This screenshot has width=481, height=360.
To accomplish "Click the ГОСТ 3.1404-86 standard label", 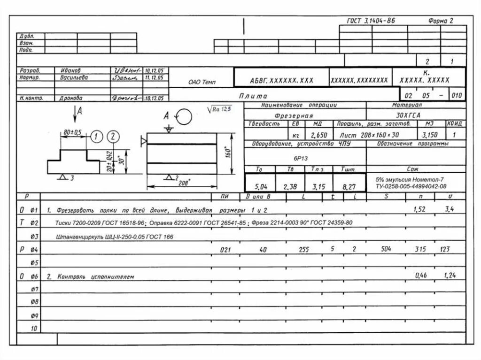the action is coord(371,21).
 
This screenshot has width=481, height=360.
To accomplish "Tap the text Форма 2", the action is coord(441,21).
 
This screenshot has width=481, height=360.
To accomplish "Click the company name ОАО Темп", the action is coord(202,83).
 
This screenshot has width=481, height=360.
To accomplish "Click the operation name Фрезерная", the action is coord(294,115).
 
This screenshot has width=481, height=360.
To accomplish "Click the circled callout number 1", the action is coord(96,137).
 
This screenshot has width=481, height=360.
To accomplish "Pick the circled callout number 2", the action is coord(113,137).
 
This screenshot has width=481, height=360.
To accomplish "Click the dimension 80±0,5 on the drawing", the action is coord(72,133).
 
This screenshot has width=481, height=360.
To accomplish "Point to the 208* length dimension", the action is coord(183,184).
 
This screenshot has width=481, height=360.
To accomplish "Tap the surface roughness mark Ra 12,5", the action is coord(222,109).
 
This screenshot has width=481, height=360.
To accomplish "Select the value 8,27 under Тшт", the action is coord(349,187).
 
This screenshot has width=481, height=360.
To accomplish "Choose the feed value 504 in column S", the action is coord(386,249).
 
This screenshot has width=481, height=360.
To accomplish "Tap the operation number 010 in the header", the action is coord(456,96).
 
